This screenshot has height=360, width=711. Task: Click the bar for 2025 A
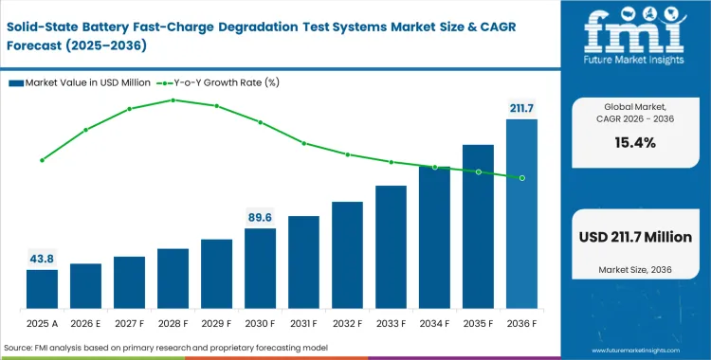[x=42, y=289]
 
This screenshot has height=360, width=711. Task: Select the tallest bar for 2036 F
[x=521, y=213]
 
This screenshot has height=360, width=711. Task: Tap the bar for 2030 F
[x=260, y=268]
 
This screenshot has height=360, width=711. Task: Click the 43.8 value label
[x=42, y=259]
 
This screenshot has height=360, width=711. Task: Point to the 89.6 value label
[x=260, y=217]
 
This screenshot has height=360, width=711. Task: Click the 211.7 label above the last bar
[x=521, y=108]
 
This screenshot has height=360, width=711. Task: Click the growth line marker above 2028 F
[x=173, y=99]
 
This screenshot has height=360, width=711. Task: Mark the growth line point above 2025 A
[x=42, y=160]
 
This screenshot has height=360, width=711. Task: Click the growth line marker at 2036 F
[x=521, y=177]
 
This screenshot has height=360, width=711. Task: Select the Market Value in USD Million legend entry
[x=81, y=83]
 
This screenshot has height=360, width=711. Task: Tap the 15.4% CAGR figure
[x=636, y=143]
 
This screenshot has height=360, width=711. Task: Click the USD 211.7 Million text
[x=636, y=237]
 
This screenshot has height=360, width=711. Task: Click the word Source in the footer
[x=20, y=349]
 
